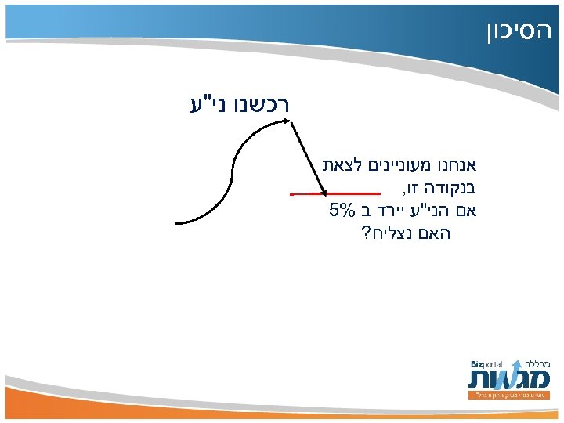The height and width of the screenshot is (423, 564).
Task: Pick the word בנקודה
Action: coord(445,188)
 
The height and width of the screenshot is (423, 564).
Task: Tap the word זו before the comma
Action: coord(410,188)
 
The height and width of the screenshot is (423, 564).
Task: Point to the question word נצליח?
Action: coord(386,233)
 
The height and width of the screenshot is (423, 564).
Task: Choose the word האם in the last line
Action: coord(435,233)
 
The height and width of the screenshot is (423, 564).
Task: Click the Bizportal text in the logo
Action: coord(486,364)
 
